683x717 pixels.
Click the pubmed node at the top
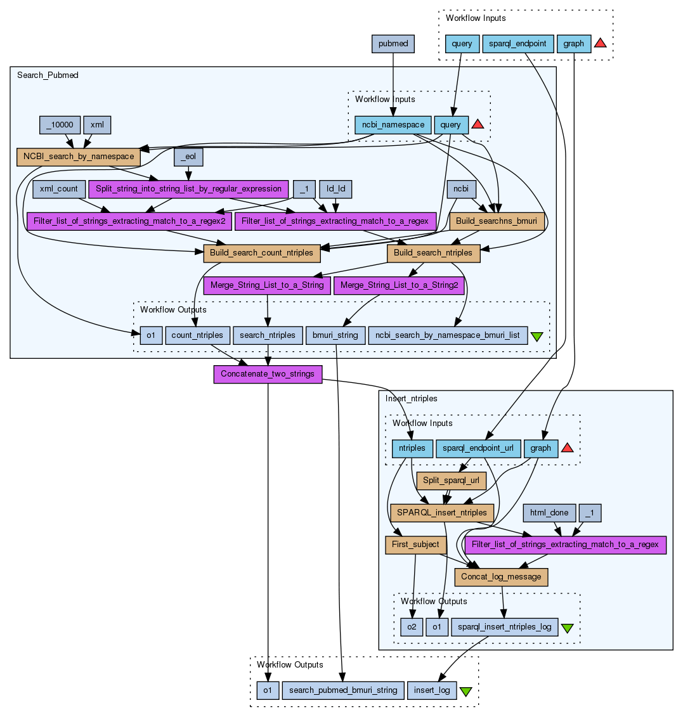point(393,44)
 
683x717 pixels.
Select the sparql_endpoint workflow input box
point(518,44)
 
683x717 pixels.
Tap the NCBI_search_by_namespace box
point(79,157)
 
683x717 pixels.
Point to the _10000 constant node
point(60,125)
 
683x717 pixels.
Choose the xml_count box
point(59,189)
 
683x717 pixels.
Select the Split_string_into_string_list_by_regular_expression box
point(188,189)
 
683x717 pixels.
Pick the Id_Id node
point(335,189)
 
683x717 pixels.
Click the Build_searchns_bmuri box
point(497,221)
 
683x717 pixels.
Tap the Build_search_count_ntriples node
point(261,253)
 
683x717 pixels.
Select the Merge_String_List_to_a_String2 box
point(399,285)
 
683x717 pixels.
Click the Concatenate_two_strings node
point(268,374)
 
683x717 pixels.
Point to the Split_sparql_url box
point(450,481)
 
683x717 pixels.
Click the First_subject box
point(415,545)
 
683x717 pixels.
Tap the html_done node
point(549,512)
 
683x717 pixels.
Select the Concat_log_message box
point(501,577)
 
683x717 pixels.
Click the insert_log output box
point(431,690)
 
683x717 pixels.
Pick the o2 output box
point(412,627)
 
